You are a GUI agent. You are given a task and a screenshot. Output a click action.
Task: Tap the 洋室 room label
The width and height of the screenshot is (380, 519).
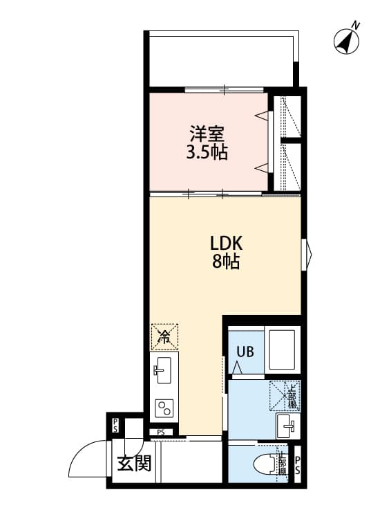(x=207, y=132)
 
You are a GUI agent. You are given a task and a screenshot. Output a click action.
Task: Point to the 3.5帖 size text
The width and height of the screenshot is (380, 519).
(x=207, y=152)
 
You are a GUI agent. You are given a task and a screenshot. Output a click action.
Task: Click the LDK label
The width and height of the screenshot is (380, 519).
(x=226, y=244)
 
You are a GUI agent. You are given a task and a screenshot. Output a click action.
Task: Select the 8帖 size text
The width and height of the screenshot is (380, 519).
(x=226, y=262)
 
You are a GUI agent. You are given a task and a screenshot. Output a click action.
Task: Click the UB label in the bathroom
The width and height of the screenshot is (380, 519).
(x=245, y=351)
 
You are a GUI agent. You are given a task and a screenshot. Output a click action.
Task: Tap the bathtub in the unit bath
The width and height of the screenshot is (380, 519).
(x=283, y=350)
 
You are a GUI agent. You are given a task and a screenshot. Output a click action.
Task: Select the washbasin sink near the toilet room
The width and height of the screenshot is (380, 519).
(x=287, y=423)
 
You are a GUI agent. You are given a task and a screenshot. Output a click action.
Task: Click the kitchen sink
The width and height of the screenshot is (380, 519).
(x=164, y=370)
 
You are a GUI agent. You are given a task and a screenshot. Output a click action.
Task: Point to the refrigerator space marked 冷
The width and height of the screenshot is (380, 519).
(x=164, y=337)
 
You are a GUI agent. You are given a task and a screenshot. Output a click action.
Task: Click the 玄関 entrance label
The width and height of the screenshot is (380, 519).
(x=134, y=464)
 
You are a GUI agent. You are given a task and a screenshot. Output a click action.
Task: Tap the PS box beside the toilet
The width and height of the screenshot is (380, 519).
(x=298, y=465)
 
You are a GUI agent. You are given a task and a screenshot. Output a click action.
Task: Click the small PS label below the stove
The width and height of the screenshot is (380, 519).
(x=160, y=433)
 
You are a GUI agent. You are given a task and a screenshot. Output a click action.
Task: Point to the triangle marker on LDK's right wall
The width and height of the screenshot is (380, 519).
(x=309, y=250)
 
